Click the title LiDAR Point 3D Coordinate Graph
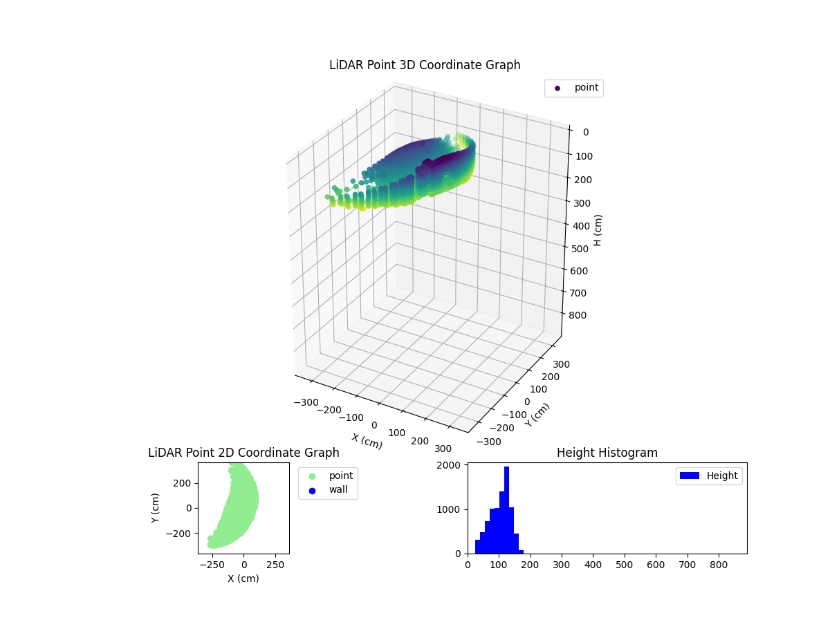pyautogui.click(x=425, y=65)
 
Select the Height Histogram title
pyautogui.click(x=607, y=453)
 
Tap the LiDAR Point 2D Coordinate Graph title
pyautogui.click(x=243, y=453)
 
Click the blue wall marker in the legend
pyautogui.click(x=312, y=491)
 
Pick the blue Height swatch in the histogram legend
pyautogui.click(x=690, y=475)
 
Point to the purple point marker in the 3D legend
pyautogui.click(x=557, y=88)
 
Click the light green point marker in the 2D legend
pyautogui.click(x=312, y=476)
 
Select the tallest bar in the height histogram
pyautogui.click(x=506, y=510)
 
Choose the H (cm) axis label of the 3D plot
pyautogui.click(x=598, y=229)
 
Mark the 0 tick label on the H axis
pyautogui.click(x=585, y=132)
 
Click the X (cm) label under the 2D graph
pyautogui.click(x=243, y=578)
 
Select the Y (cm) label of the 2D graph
pyautogui.click(x=156, y=508)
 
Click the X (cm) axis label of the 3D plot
pyautogui.click(x=367, y=441)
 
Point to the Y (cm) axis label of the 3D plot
pyautogui.click(x=537, y=415)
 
